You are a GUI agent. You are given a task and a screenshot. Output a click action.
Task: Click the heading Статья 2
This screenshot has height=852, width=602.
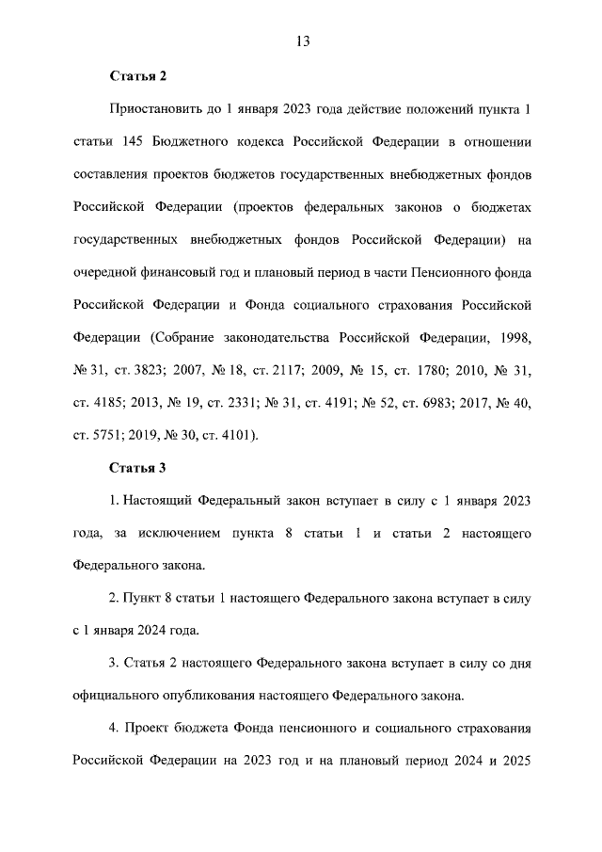coord(138,76)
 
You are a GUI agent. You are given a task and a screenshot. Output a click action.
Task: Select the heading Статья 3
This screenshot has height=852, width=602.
coord(138,467)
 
